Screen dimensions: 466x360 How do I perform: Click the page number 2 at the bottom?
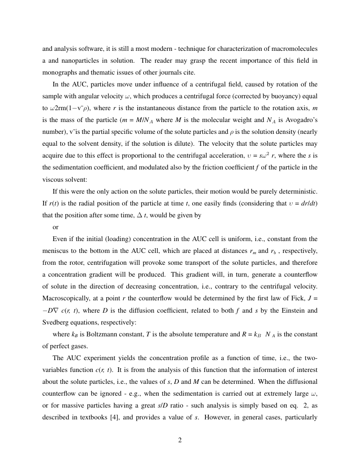180,440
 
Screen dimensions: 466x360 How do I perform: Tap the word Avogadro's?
301,120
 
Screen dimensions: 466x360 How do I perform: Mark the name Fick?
291,299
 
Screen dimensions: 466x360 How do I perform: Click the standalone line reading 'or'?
55,227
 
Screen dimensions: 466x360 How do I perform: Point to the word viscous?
53,180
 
